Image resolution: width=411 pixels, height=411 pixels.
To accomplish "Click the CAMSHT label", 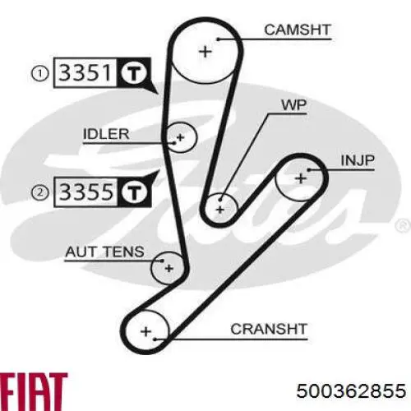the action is click(298, 30).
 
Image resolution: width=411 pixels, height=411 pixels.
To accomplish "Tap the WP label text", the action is click(294, 104).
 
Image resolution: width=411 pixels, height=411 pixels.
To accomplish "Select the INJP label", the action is click(358, 160).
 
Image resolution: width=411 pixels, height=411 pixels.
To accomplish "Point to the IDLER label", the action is click(106, 134).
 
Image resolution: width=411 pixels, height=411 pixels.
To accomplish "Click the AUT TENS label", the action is click(104, 252).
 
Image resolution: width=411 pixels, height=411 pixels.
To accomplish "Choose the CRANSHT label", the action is click(269, 329).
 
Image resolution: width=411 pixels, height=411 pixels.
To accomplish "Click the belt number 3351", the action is click(85, 72).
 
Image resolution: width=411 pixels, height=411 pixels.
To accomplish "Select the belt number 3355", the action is click(86, 192).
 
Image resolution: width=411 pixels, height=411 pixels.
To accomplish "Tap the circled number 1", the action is click(40, 74).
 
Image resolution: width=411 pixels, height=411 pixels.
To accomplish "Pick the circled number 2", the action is click(40, 192).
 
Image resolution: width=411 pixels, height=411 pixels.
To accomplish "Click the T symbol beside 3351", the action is click(134, 73).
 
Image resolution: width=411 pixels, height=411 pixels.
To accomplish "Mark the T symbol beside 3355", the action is click(134, 192).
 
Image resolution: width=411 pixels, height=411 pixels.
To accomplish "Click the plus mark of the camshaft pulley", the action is click(205, 52).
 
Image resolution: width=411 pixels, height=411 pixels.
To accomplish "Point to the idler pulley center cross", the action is click(180, 137).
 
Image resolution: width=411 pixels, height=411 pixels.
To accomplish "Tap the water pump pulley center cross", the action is click(220, 210).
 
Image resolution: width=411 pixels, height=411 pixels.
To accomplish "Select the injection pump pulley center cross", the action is click(301, 179).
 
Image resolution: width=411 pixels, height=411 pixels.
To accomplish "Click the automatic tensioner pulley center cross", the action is click(169, 268).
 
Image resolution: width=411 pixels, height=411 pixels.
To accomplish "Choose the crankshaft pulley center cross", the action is click(145, 331).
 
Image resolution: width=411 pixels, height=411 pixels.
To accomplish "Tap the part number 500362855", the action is click(351, 390).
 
